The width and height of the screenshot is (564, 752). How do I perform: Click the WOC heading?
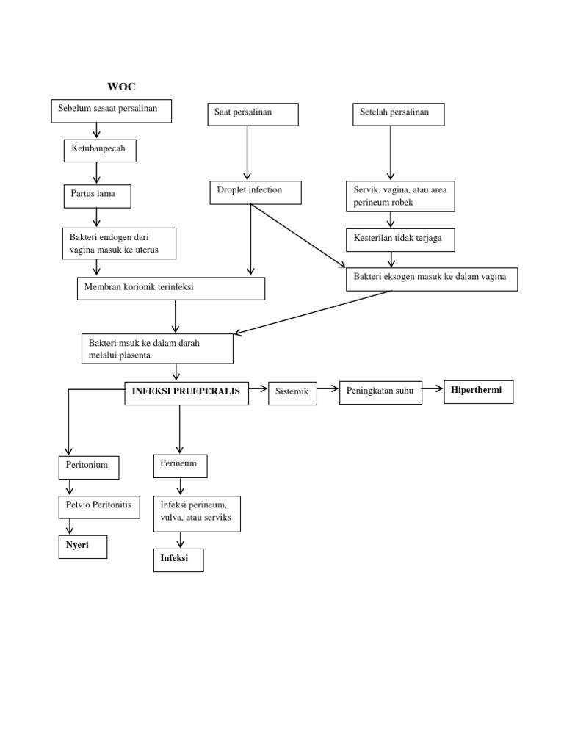click(x=122, y=87)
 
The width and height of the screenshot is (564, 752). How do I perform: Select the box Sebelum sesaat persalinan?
click(x=112, y=111)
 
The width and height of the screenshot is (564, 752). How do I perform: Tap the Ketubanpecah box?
click(x=99, y=151)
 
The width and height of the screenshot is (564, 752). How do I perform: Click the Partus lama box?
click(x=97, y=196)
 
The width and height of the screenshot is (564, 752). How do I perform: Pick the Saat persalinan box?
click(x=252, y=115)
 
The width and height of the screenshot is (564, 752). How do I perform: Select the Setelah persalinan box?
click(x=399, y=115)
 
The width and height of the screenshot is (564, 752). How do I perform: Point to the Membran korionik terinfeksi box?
click(x=170, y=289)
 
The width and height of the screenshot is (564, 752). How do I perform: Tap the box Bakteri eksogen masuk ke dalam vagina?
click(x=431, y=280)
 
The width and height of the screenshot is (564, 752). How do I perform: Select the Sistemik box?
click(x=293, y=394)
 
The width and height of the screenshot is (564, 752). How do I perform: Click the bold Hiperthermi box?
click(x=477, y=392)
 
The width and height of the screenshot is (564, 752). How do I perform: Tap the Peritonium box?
click(x=88, y=467)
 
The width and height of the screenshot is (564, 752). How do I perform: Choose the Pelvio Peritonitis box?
click(x=98, y=507)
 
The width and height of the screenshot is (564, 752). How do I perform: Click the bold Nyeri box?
click(x=83, y=547)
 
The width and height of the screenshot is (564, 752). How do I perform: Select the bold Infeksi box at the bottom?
click(x=178, y=560)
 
